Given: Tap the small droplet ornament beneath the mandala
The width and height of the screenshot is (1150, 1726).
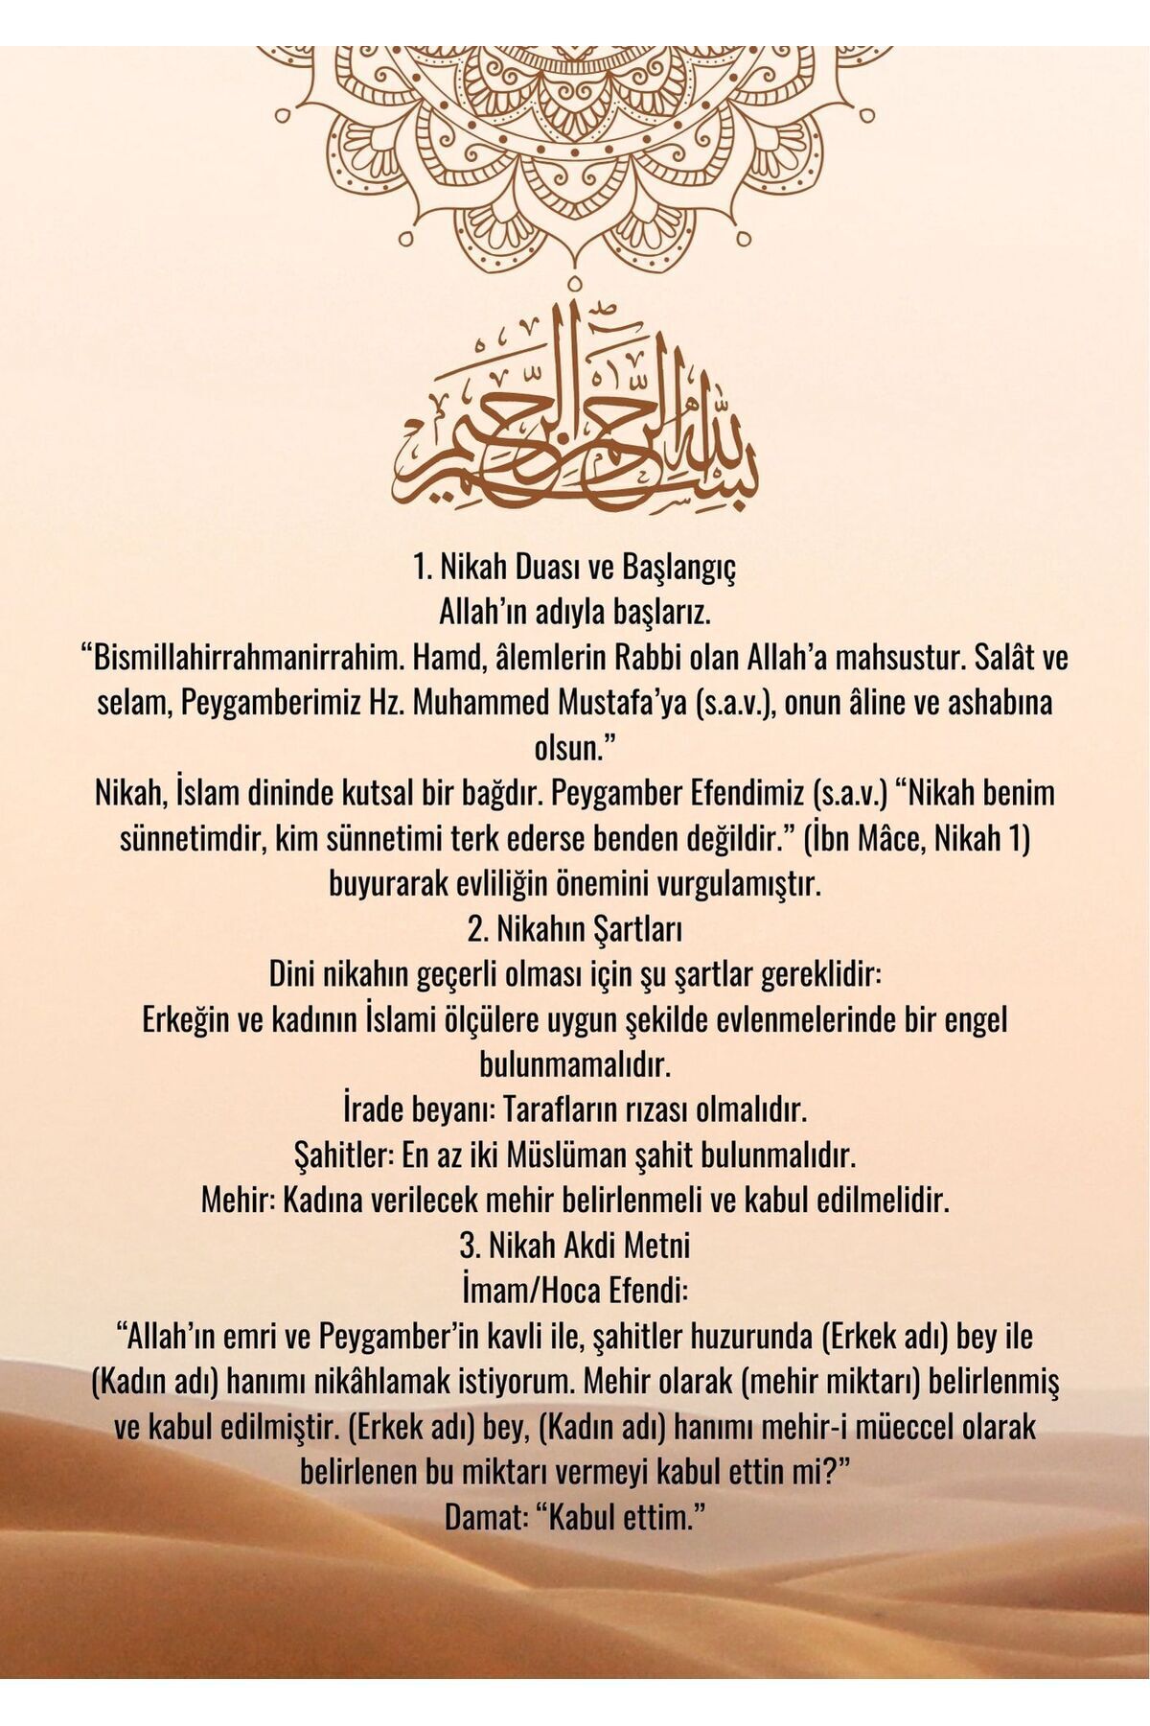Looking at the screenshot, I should point(574,284).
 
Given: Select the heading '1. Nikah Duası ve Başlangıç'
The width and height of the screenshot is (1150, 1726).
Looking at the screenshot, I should point(574,568).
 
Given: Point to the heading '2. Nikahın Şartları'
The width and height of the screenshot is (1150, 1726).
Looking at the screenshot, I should point(574,929).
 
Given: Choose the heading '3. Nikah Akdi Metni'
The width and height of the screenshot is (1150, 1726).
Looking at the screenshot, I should point(574,1246).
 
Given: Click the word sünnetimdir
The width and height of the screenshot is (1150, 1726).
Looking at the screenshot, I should point(192,839).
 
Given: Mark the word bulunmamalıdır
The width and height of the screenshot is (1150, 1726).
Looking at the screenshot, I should point(574,1064).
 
